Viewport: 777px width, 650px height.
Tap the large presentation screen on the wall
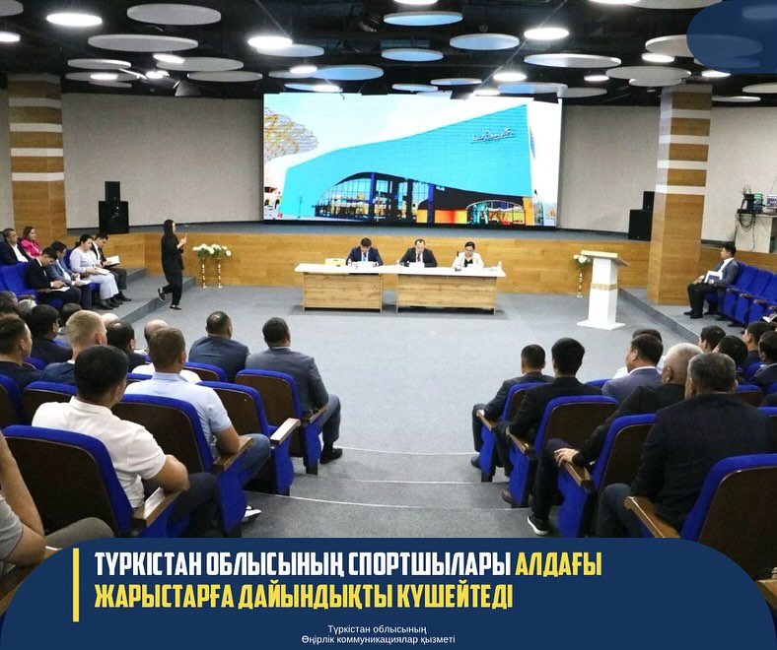(x=411, y=160)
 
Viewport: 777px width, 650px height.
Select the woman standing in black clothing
(x=173, y=262)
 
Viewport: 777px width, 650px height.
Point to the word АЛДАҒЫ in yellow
(x=558, y=565)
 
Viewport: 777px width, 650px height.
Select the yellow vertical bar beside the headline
(x=76, y=584)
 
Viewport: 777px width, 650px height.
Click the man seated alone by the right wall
(x=716, y=280)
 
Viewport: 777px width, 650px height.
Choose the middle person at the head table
(x=418, y=254)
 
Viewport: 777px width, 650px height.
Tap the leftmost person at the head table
(x=364, y=254)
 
